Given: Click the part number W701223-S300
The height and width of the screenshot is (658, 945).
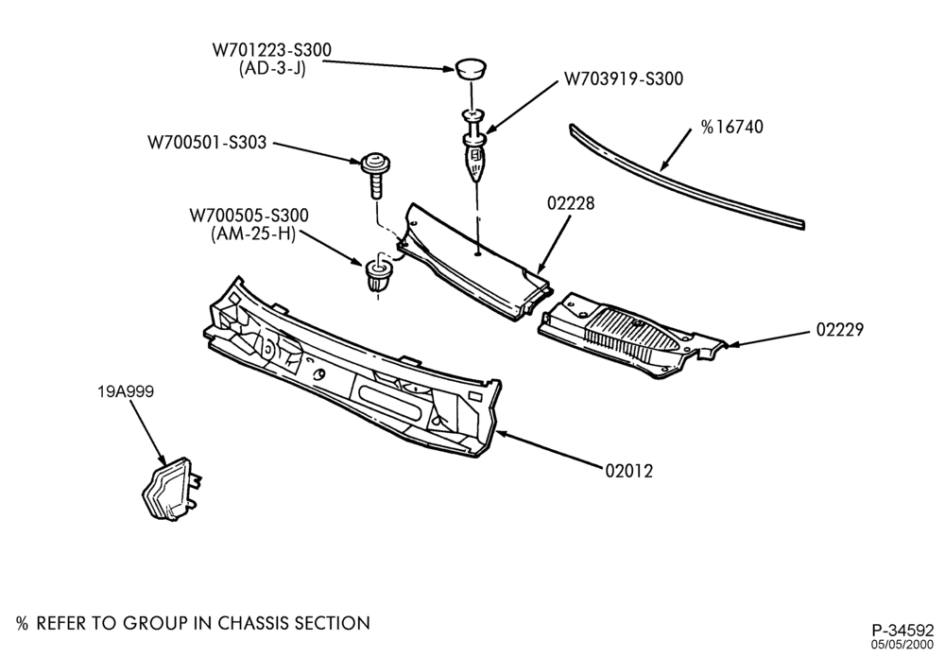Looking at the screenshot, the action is click(271, 49).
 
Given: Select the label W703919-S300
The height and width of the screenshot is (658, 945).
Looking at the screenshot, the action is click(624, 79).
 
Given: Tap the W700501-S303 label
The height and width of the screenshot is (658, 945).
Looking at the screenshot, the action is click(207, 143).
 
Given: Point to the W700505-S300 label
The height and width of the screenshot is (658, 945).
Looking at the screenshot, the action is click(249, 216).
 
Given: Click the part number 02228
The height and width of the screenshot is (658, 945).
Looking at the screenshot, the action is click(571, 203).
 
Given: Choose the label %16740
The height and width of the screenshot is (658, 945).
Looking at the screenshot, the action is click(731, 127).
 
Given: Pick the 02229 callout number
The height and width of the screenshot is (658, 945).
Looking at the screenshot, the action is click(840, 329).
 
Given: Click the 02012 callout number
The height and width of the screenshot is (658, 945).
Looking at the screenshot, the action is click(629, 471).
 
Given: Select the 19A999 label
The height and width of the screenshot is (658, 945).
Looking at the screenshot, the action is click(126, 391).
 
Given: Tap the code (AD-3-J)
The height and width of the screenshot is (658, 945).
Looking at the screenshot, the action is click(272, 69).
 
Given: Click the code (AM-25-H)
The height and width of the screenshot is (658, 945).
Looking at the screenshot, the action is click(253, 234).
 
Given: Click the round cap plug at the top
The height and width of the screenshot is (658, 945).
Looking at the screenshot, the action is click(471, 68).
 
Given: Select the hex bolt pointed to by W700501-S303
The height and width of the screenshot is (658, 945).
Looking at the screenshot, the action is click(375, 174).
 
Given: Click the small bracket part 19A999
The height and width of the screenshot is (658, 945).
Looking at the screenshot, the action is click(171, 489).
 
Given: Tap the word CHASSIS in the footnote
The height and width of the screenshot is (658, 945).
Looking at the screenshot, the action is click(252, 623).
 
